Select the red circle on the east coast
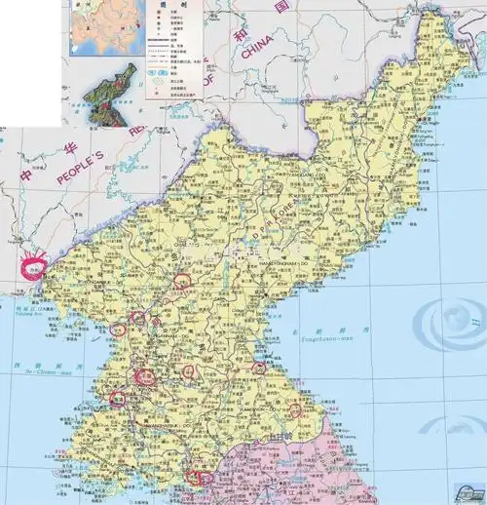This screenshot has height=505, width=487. click(258, 368)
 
